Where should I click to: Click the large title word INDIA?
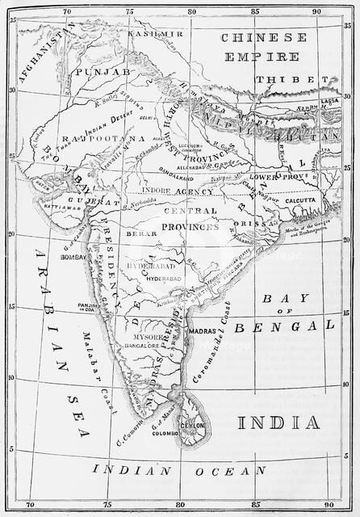[278, 422]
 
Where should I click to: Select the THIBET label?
[282, 80]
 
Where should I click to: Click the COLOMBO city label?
[164, 432]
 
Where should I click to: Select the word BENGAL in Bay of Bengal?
[273, 326]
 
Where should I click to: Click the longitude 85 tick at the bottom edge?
[255, 506]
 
